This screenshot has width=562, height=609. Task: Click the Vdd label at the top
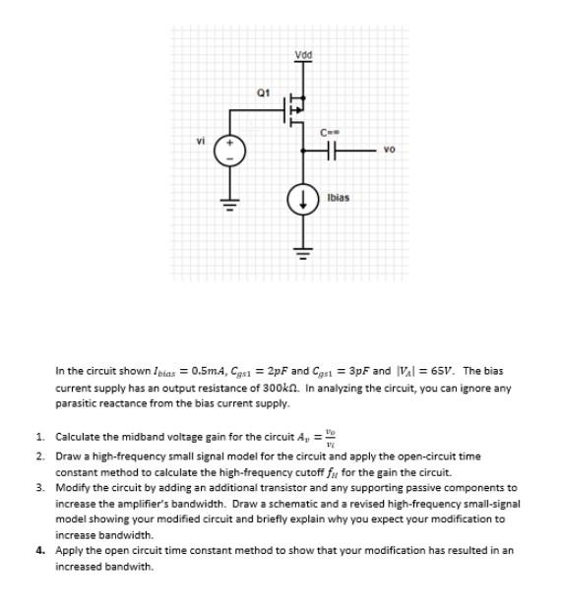point(303,53)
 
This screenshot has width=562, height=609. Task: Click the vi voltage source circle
point(233,151)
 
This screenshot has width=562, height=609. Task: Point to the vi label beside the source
point(200,140)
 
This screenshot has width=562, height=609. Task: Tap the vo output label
point(390,151)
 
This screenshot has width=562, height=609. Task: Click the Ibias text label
point(337,197)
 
